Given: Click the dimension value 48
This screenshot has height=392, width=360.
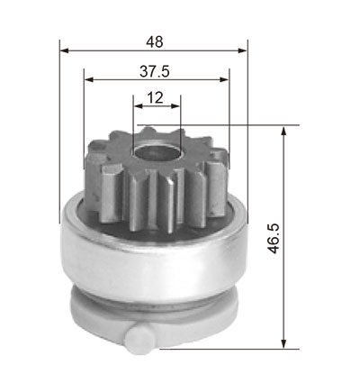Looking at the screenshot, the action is click(x=155, y=41).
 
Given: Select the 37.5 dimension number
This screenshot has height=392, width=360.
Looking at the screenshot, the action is click(x=155, y=71).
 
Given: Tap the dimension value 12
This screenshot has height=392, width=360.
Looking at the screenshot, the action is click(x=156, y=97).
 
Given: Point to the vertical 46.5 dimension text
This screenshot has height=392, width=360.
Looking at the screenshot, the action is click(x=274, y=238).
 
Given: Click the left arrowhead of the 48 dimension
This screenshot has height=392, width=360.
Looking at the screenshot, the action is click(x=65, y=50).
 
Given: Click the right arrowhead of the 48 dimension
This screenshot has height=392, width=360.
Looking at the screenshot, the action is click(x=242, y=50).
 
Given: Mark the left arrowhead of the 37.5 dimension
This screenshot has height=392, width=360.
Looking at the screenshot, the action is click(x=89, y=79).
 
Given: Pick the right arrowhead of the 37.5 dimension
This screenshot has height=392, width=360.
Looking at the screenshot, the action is click(x=224, y=79).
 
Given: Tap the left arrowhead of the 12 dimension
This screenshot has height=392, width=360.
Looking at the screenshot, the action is click(x=138, y=105).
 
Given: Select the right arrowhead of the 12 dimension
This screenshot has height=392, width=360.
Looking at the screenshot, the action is click(x=175, y=105).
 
